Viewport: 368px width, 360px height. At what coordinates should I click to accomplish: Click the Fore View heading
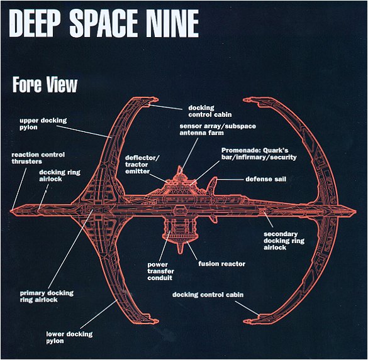pos(45,85)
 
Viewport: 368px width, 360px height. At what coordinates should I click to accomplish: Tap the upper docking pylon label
pos(43,124)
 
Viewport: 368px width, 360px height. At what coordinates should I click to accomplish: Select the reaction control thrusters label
pos(38,158)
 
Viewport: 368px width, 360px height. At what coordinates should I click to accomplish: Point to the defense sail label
pos(266,179)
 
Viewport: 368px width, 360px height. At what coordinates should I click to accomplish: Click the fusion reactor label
pos(222,264)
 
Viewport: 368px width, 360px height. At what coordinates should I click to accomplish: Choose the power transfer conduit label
pos(161,271)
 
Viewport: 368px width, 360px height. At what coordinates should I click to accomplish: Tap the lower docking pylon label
pos(69,337)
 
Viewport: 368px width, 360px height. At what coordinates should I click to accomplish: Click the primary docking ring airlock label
pos(47,297)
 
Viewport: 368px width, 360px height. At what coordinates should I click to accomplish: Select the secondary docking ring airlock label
pos(284,241)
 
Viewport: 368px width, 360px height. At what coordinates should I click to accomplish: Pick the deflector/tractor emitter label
pos(142,165)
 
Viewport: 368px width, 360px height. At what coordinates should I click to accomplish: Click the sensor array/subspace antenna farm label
pos(218,129)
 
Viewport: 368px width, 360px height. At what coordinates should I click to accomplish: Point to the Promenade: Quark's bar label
pos(259,154)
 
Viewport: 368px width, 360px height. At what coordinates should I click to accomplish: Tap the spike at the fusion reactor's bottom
pos(180,248)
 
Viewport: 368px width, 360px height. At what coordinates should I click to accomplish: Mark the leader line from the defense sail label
pos(230,180)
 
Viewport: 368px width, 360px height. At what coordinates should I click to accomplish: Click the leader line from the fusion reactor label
pos(192,250)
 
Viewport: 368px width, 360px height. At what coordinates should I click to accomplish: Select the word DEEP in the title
pos(35,23)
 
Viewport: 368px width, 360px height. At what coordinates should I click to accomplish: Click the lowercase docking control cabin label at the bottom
pos(208,295)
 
